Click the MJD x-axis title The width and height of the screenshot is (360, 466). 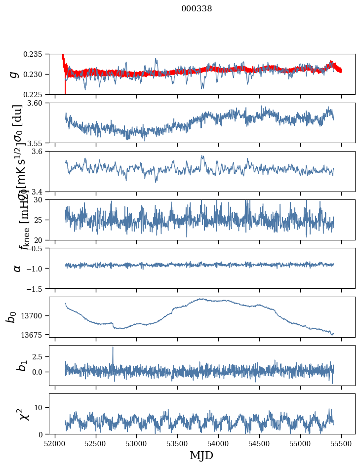pos(201,455)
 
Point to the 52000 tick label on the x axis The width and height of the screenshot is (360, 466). pos(55,443)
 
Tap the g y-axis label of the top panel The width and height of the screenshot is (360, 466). pos(14,74)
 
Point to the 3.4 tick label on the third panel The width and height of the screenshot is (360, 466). pos(40,191)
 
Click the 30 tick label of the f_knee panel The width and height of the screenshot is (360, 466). pos(41,199)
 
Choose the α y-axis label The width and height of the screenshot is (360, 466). pos(17,268)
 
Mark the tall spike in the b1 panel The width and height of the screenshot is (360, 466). pos(113,348)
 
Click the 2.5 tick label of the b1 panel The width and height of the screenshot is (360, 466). pos(40,356)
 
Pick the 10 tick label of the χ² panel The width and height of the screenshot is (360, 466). pos(41,407)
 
